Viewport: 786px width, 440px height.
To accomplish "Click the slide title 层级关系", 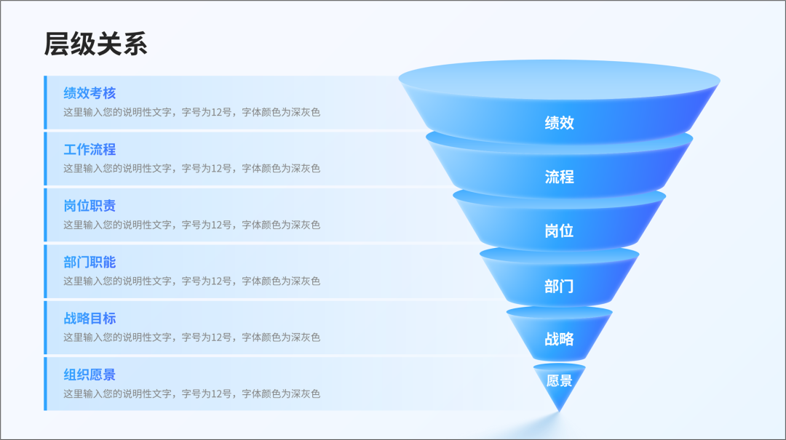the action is click(95, 44).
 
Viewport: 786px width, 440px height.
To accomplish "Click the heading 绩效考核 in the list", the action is click(90, 93).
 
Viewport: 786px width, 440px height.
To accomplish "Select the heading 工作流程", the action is click(90, 149).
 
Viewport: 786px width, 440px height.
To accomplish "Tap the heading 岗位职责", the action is click(90, 206).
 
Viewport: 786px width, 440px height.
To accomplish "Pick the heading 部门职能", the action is click(90, 262).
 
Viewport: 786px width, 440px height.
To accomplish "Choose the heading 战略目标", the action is click(90, 319).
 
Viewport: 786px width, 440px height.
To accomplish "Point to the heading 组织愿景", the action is click(90, 375).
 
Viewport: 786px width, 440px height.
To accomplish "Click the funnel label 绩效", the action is click(560, 123).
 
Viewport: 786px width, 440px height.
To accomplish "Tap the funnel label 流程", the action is click(560, 177).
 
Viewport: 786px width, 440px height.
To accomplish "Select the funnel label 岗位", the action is click(560, 231).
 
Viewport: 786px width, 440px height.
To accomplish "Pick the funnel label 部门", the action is click(560, 286).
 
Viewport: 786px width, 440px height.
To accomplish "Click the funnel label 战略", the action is click(560, 339).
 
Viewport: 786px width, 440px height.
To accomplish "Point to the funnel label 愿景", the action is click(560, 381).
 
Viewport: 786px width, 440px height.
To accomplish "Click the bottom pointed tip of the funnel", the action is click(560, 412).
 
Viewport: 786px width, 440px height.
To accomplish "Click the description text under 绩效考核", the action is click(191, 112).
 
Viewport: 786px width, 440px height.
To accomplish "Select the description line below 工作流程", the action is click(191, 169).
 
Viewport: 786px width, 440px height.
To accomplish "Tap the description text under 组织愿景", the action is click(191, 394).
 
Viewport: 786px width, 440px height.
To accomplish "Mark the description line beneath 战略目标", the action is click(191, 337).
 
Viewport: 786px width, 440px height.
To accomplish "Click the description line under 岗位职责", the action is click(191, 225).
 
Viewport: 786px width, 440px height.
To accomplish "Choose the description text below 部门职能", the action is click(191, 281).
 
